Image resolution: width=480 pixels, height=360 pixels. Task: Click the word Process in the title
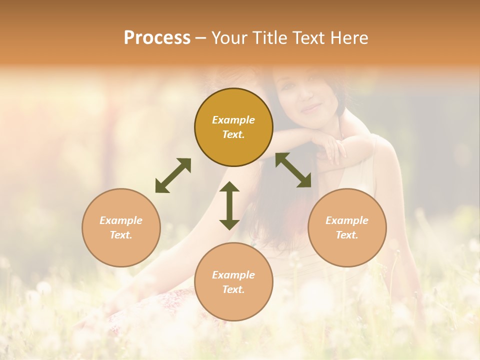pos(157,38)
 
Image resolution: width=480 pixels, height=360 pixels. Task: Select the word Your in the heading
pos(228,38)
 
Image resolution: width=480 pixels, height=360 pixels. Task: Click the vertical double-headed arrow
pos(229,205)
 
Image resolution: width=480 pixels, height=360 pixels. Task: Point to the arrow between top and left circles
pos(173,175)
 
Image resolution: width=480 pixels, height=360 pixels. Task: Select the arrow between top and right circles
pos(293,170)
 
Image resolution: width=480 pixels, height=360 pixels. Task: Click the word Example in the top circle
pos(233,120)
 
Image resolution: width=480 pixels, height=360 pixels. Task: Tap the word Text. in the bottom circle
pos(233,289)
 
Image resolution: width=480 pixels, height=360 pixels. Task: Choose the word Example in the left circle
pos(121,220)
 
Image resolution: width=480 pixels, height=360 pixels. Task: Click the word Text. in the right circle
pos(347,235)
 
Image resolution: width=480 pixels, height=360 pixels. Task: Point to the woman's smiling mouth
pos(310,107)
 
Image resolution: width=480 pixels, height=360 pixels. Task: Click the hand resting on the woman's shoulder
pos(334,150)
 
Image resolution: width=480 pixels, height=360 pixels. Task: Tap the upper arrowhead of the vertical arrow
pos(229,186)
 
